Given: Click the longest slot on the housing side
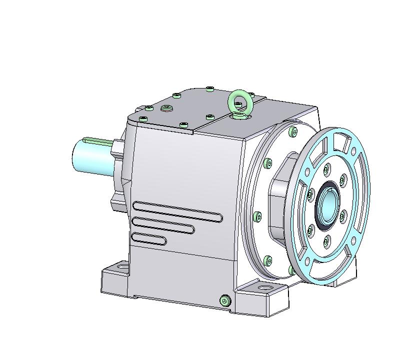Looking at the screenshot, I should [177, 211].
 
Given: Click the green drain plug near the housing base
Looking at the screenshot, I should [224, 300].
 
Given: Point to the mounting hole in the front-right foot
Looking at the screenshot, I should [262, 289].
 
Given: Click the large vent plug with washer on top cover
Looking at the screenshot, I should [166, 107].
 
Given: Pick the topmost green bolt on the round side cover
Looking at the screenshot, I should [292, 132].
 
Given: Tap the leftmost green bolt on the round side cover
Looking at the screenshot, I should [257, 216].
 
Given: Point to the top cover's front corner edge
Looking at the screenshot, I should [192, 132].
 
